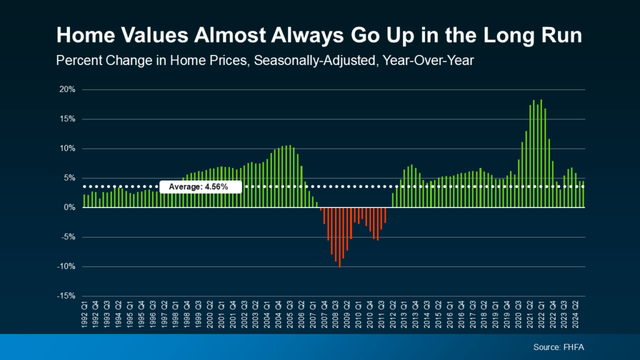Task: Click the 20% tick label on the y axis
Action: click(67, 89)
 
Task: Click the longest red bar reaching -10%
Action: click(339, 237)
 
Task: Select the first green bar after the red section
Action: click(393, 200)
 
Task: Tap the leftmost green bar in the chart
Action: click(84, 201)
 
